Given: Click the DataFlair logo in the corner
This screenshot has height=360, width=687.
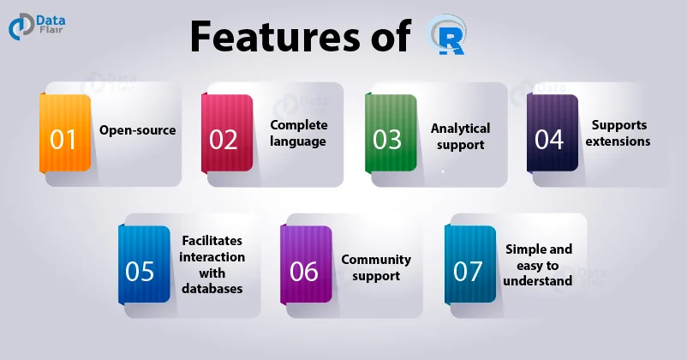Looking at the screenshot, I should [44, 27].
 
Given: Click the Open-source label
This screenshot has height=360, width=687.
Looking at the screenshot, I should [137, 130].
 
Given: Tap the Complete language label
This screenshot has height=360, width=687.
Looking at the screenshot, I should [298, 133].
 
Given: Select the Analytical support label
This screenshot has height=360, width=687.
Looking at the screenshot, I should [460, 136].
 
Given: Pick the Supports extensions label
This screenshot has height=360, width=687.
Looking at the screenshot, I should [618, 133].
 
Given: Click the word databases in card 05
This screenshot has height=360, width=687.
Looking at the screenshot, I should [212, 288].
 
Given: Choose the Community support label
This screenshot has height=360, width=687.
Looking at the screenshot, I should [376, 267].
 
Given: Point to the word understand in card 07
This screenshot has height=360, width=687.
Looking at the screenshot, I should [538, 280].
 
